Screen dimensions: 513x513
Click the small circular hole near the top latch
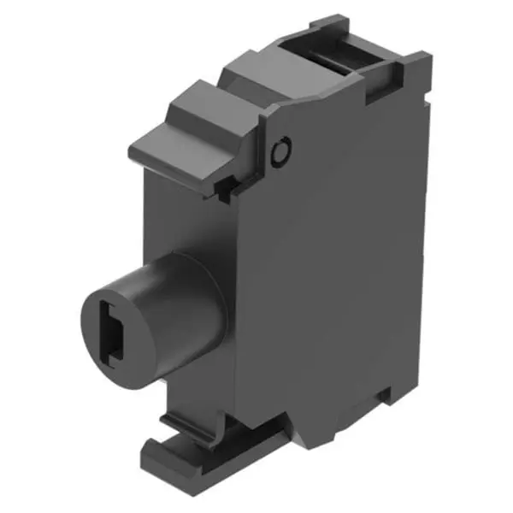pyautogui.click(x=278, y=153)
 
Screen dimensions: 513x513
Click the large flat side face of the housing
pyautogui.click(x=342, y=282)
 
